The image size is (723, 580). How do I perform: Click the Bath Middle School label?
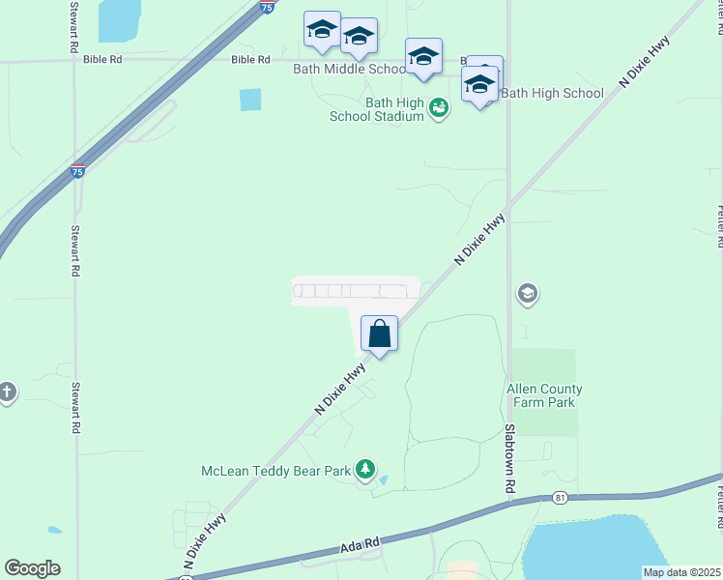[x=349, y=70]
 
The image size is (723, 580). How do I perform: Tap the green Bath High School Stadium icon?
[x=439, y=107]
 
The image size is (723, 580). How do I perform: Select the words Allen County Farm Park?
[x=545, y=395]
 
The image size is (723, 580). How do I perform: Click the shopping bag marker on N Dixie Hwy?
[x=380, y=334]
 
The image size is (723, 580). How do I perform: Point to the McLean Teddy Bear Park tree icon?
[x=365, y=470]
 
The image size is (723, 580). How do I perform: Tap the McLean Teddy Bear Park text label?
[x=275, y=472]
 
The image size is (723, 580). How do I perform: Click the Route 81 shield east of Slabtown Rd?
[x=561, y=498]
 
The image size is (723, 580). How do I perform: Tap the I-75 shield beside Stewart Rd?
[x=77, y=171]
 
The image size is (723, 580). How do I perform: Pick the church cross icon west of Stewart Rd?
[x=7, y=391]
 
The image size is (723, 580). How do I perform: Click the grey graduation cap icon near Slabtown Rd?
[x=527, y=293]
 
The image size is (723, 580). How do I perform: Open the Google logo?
[x=32, y=568]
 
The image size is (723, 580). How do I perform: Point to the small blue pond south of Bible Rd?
[x=250, y=100]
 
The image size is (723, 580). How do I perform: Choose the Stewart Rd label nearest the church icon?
[x=75, y=408]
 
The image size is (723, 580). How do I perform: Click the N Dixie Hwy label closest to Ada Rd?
[x=205, y=539]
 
